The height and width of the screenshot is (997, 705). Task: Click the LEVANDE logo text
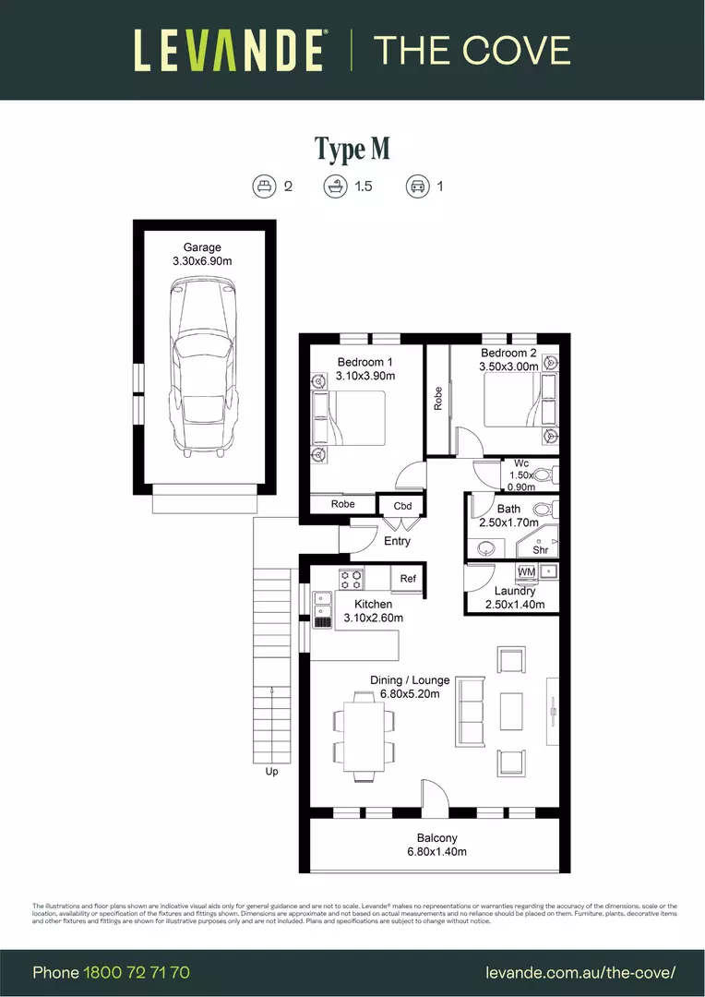[x=228, y=50]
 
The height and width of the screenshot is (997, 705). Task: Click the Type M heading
[x=352, y=149]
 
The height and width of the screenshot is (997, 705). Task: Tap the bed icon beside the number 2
[x=265, y=186]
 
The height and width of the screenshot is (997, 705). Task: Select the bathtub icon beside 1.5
[x=334, y=186]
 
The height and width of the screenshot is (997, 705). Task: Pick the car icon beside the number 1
[x=417, y=186]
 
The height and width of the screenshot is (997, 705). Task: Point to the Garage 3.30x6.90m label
[x=201, y=255]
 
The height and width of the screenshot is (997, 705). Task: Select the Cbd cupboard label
[x=402, y=506]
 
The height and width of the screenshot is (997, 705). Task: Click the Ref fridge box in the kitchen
[x=407, y=579]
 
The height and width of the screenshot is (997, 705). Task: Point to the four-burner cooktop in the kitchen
[x=351, y=579]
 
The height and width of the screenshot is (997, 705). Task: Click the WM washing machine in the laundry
[x=526, y=572]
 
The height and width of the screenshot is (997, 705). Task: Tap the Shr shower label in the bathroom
[x=540, y=550]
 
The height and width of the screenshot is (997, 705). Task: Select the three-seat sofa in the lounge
[x=470, y=712]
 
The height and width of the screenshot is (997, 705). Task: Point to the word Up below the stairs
[x=271, y=772]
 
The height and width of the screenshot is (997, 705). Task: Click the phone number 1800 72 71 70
[x=137, y=972]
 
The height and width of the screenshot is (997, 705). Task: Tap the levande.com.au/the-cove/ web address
[x=580, y=972]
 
